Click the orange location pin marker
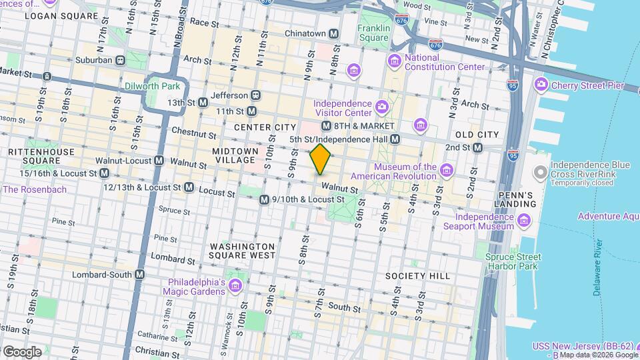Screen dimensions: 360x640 pos(320,159)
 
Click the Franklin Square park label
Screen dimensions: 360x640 pos(373,33)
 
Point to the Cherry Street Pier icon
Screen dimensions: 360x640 pos(541,85)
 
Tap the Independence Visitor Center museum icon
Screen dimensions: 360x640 pos(381,107)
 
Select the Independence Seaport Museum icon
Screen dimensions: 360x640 pos(523,221)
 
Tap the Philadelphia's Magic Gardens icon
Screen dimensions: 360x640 pos(235,286)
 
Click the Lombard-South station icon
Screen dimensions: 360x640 pos(140,274)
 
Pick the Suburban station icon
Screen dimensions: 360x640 pos(120,60)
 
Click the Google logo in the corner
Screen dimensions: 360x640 pos(22,351)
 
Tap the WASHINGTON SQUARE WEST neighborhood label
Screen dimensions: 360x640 pos(243,250)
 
